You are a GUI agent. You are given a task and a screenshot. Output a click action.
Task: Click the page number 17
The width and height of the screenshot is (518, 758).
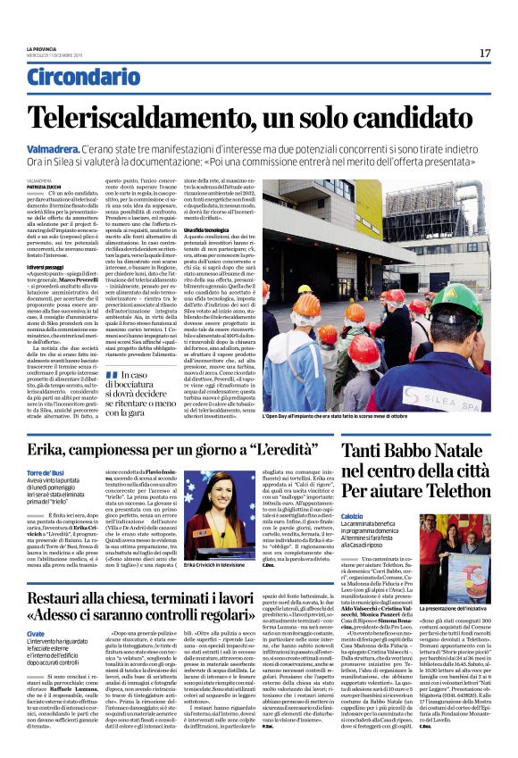pyautogui.click(x=485, y=53)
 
